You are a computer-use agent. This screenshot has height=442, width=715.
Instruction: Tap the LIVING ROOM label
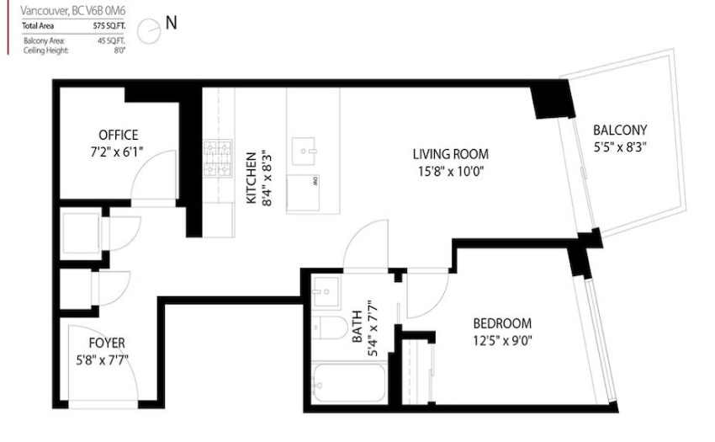(451, 154)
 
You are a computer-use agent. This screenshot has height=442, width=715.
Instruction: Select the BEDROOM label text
(502, 324)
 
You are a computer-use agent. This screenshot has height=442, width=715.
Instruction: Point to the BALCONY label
(620, 130)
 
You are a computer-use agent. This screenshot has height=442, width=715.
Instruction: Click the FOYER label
(107, 343)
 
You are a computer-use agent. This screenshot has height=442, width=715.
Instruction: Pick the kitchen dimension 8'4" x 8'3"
(267, 179)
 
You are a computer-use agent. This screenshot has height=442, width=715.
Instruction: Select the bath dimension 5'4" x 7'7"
(373, 328)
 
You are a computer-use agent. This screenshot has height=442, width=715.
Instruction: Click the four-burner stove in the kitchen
(218, 158)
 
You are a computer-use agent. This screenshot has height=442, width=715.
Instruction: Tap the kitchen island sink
(304, 152)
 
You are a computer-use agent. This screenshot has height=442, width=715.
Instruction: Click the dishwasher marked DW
(303, 193)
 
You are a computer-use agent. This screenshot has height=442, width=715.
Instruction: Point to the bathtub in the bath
(349, 382)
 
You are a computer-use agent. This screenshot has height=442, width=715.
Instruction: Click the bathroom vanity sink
(326, 291)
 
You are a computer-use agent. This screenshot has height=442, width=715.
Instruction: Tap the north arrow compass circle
(149, 31)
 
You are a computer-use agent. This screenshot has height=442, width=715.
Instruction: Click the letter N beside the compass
(171, 23)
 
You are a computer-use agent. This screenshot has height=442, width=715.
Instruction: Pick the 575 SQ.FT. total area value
(109, 26)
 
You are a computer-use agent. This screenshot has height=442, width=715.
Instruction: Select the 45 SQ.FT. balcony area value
(111, 40)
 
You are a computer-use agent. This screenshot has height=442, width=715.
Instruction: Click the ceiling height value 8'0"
(119, 51)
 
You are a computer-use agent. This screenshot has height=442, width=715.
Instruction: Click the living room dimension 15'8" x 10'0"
(451, 172)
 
